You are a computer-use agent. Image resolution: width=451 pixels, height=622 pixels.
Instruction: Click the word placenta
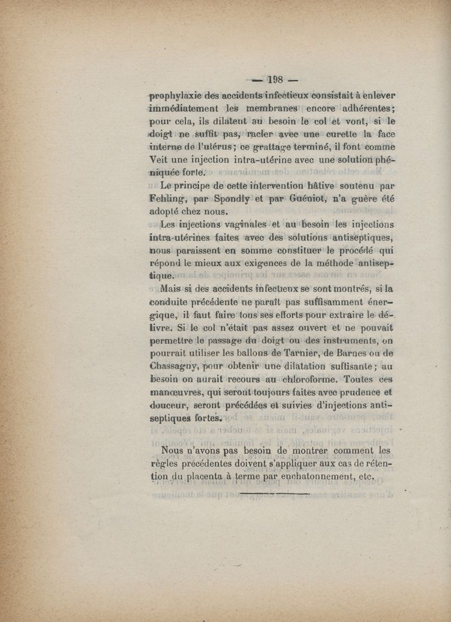(199, 478)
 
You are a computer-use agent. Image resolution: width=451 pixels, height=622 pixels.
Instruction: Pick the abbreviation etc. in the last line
(366, 478)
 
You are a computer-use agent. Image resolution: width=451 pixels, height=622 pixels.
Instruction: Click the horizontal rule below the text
(275, 494)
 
